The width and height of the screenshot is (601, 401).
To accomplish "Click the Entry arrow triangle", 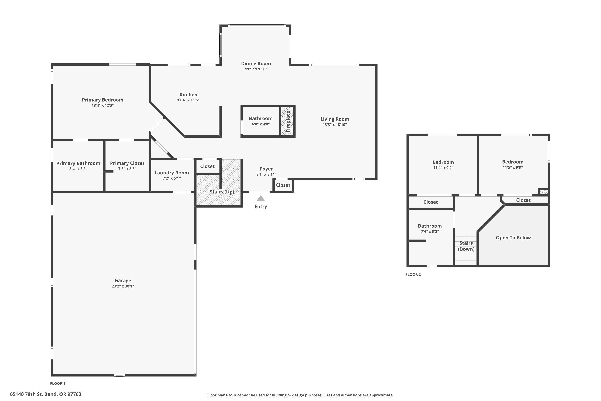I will coord(261,198).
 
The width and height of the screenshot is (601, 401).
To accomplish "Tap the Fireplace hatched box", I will coord(287,121).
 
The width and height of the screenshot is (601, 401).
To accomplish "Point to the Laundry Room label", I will coord(172,173).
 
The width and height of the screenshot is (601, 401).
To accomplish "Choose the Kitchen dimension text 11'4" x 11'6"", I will coord(188,100).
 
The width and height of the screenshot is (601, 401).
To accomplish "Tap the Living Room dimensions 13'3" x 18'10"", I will coord(335,125).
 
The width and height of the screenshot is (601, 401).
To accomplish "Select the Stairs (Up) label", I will coord(222,192).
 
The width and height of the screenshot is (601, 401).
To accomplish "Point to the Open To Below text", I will coord(513,238).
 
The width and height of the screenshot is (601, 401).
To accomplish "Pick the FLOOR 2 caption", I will coord(413,274).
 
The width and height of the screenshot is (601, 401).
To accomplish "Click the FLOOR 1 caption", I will coord(58,383).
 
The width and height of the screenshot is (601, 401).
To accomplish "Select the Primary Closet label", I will coord(127,163).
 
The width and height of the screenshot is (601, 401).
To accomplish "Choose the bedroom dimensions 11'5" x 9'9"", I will coord(513,167).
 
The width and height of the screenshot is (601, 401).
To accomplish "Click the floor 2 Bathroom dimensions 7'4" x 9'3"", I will coord(430,231).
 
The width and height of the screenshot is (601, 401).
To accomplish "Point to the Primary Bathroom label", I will coord(78,163).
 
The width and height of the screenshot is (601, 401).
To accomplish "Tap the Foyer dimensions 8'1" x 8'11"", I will coord(266,175).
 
